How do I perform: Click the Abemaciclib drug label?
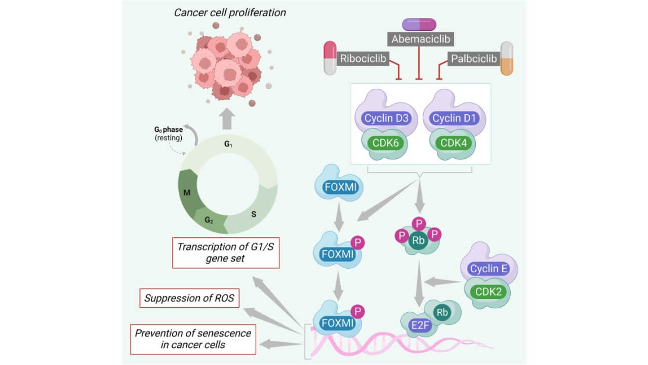pyautogui.click(x=419, y=39)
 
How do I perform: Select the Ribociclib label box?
pyautogui.click(x=363, y=59)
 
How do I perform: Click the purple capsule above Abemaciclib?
pyautogui.click(x=419, y=24)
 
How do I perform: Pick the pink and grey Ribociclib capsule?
pyautogui.click(x=331, y=58)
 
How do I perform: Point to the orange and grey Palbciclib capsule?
pyautogui.click(x=507, y=58)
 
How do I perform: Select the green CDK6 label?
pyautogui.click(x=386, y=143)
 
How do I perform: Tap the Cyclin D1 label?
pyautogui.click(x=454, y=118)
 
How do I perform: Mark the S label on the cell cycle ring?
pyautogui.click(x=254, y=214)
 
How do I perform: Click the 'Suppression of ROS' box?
pyautogui.click(x=189, y=298)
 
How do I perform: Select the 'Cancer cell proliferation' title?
pyautogui.click(x=230, y=12)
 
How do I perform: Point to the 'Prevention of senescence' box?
pyautogui.click(x=193, y=339)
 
